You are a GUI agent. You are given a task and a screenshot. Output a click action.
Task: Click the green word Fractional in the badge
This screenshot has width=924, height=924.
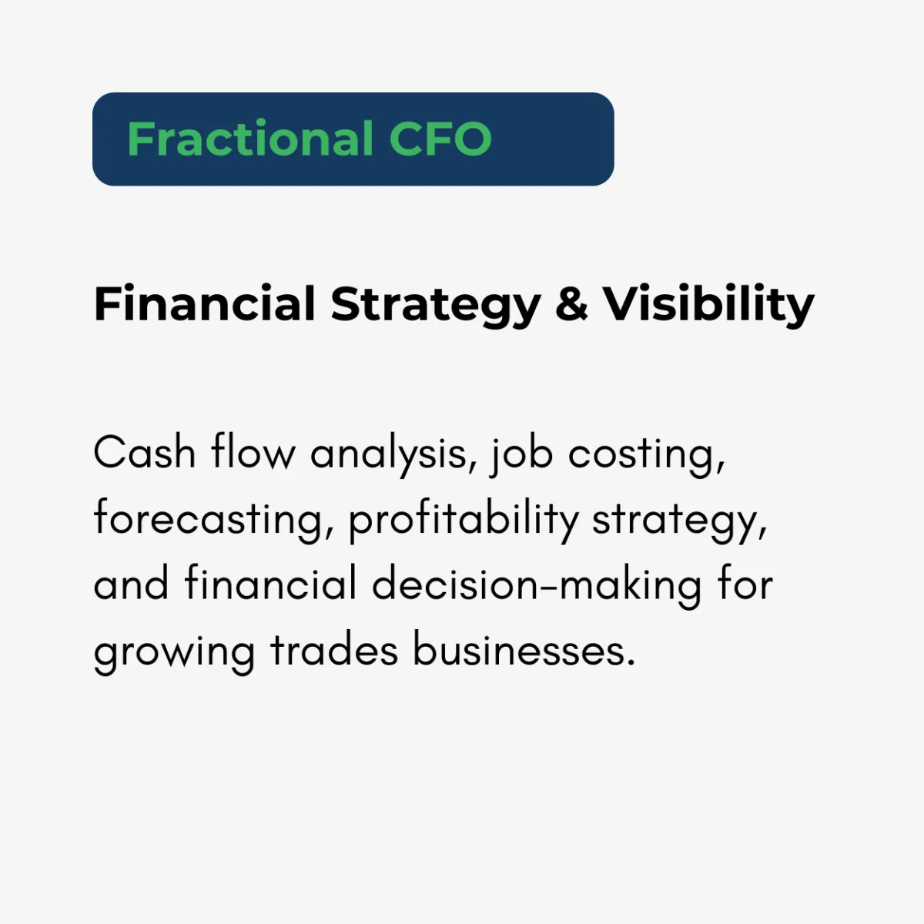coord(250,139)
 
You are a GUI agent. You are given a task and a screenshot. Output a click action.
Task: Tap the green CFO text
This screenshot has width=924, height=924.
coord(440,139)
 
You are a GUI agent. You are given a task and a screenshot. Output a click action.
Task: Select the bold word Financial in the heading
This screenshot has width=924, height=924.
coord(205,304)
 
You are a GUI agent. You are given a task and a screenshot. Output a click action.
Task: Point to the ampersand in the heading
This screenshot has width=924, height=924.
coord(571,304)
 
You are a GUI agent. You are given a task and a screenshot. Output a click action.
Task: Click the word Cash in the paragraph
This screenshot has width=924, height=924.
coord(145,452)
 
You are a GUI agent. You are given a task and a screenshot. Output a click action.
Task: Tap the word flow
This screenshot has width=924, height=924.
coord(253,451)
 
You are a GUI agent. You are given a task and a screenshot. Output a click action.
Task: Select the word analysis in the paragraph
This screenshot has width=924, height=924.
coord(393,456)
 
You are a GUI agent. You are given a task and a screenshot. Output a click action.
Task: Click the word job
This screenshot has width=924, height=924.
coord(522,456)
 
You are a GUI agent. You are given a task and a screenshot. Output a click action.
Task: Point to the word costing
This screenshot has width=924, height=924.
coord(646,456)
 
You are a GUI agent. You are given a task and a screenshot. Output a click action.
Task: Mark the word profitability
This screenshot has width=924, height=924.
coord(464,521)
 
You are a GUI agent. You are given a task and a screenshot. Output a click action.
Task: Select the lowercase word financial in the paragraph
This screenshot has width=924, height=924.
coord(270,582)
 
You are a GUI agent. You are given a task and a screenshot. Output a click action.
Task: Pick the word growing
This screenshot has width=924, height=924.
coord(174,653)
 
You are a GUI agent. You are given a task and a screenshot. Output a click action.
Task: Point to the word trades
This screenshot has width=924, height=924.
coord(333,649)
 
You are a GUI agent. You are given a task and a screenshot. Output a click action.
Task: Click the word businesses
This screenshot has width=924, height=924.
coord(524,648)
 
